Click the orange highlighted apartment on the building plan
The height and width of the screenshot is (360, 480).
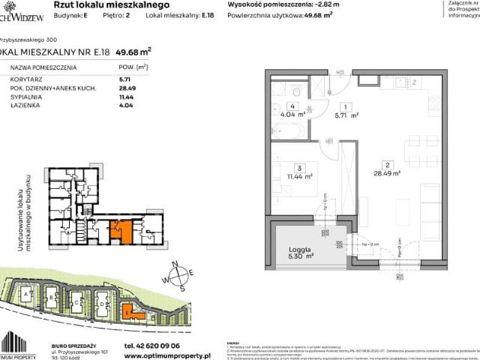[x=118, y=230]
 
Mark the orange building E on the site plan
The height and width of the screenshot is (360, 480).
[x=129, y=308]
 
